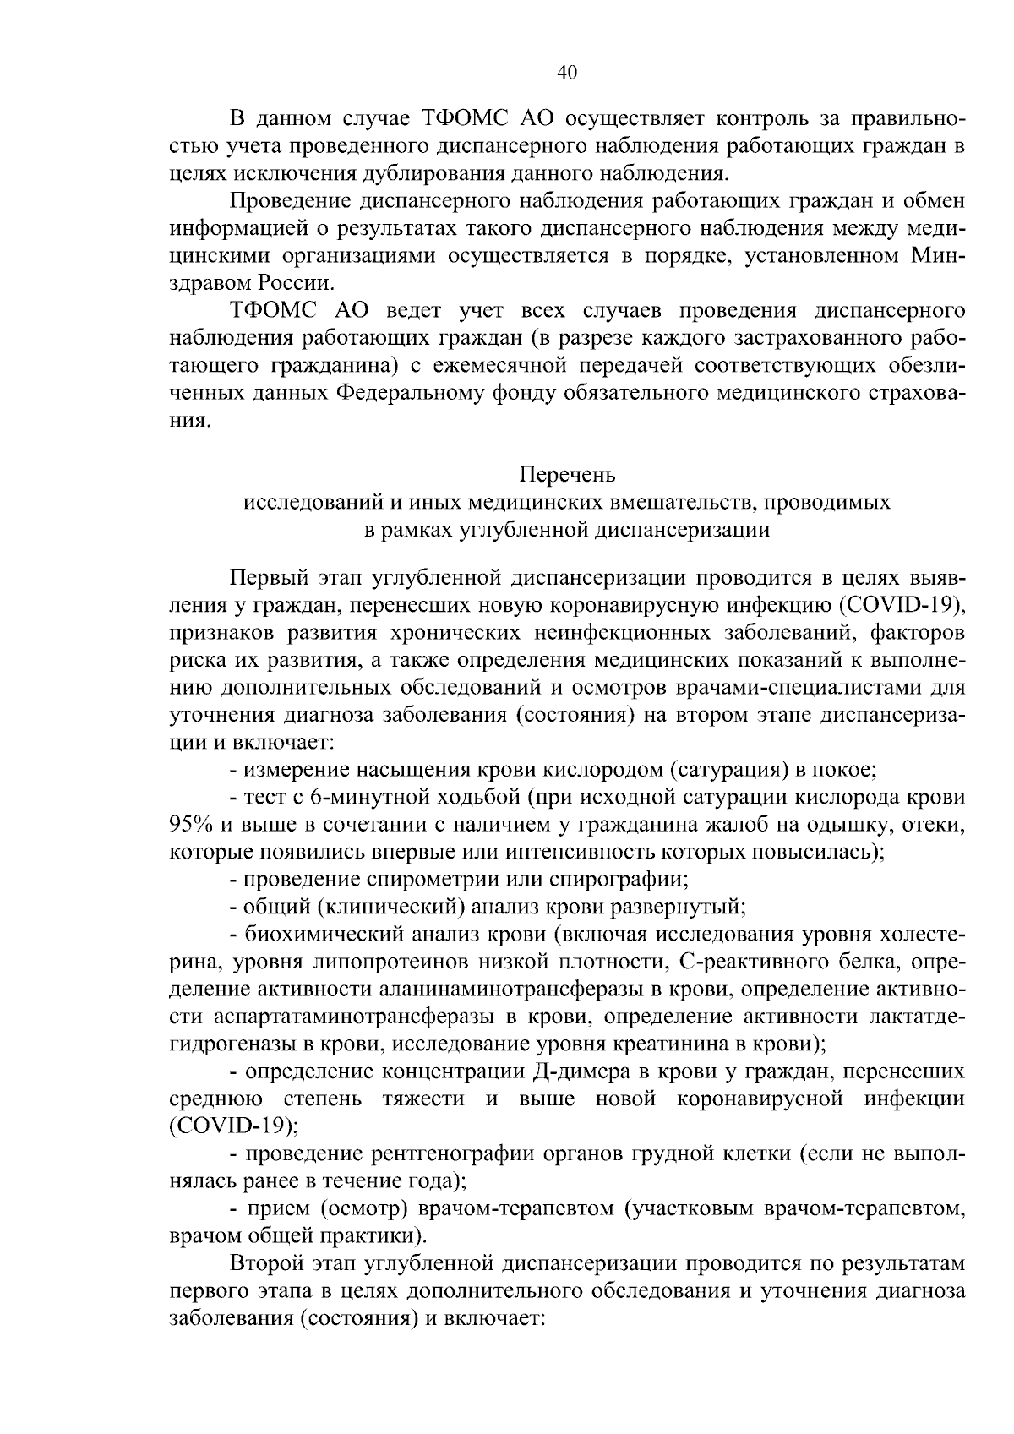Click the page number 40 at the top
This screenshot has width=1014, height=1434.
(567, 73)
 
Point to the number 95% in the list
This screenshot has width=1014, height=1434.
(194, 824)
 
